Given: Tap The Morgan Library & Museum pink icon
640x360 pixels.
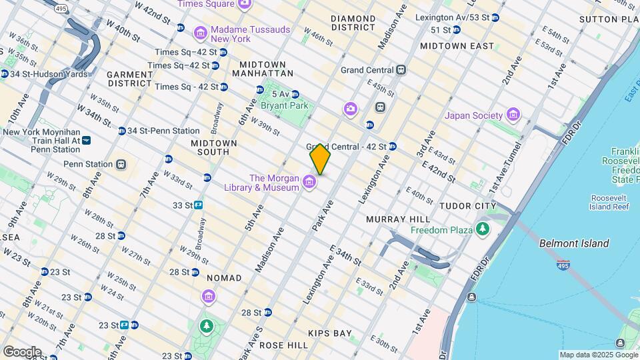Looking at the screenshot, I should (x=309, y=181).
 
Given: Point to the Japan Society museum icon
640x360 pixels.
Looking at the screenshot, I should (x=513, y=115).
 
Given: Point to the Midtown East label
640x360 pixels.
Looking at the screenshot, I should (x=457, y=46).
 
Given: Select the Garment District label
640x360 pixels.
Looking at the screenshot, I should (x=130, y=79).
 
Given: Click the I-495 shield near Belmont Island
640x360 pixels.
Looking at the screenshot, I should (x=563, y=265).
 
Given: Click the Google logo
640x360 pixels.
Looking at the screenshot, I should (x=21, y=351).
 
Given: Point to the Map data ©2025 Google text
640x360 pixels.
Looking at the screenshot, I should (x=598, y=355).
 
